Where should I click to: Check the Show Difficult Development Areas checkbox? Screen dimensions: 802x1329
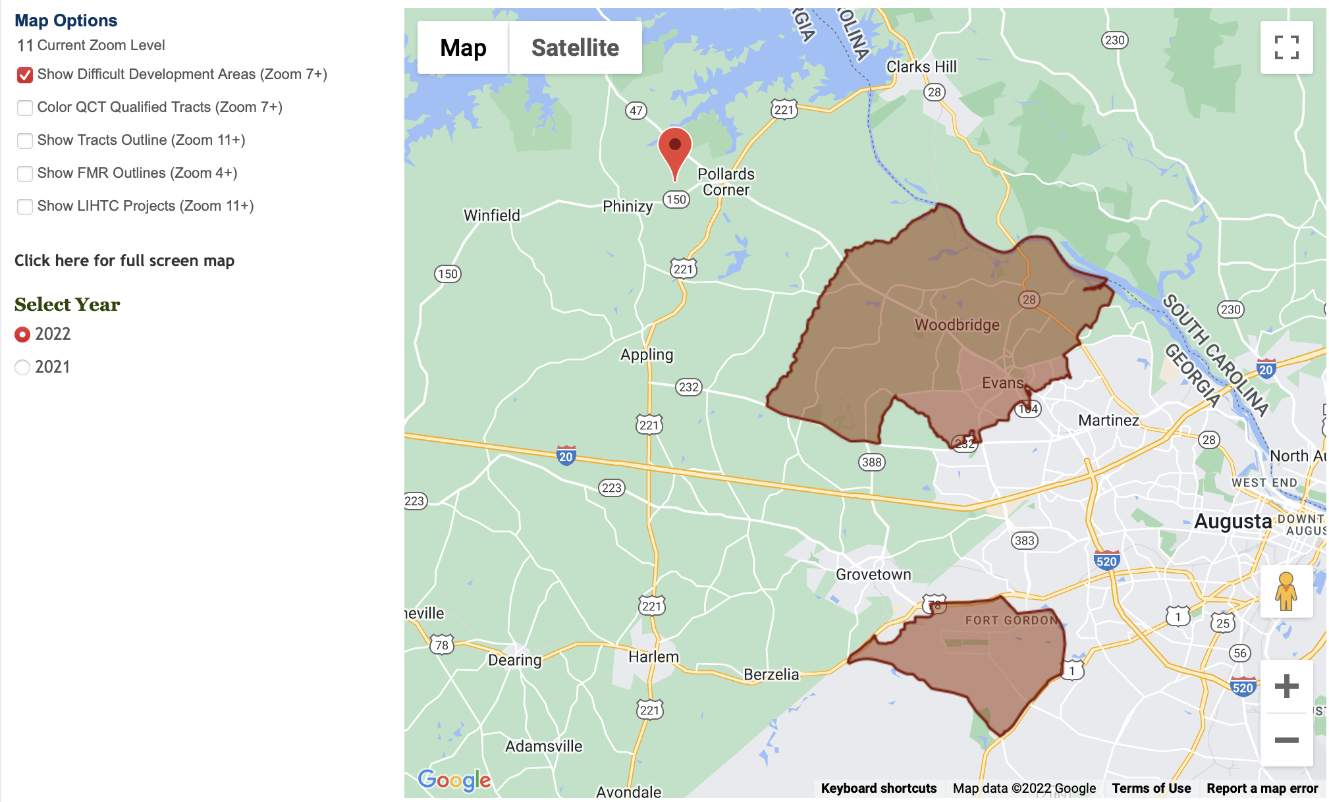(25, 75)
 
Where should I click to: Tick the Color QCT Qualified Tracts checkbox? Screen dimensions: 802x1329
(25, 108)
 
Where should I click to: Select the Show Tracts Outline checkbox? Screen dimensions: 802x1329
(25, 141)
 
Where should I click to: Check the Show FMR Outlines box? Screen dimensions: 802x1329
(25, 174)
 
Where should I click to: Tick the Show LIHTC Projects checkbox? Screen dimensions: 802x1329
(25, 207)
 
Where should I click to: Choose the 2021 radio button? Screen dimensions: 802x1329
(22, 367)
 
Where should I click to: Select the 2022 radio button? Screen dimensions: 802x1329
(22, 334)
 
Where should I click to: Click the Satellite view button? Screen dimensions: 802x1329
(575, 47)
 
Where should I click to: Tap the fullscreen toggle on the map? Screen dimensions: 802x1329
(1286, 47)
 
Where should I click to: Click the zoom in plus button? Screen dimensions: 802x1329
(1286, 686)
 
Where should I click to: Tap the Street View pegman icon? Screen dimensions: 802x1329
(1286, 591)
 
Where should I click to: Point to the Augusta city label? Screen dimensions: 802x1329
(1233, 521)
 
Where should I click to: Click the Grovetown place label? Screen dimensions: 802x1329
(873, 575)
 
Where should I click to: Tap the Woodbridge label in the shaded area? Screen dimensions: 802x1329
(957, 325)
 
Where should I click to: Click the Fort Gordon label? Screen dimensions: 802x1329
(1011, 620)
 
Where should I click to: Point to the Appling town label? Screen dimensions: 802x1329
(647, 355)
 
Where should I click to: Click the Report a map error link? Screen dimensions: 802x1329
(1262, 788)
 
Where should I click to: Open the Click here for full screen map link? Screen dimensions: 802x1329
(124, 261)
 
